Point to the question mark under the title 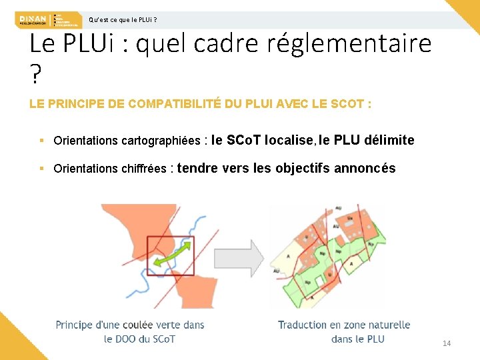pyautogui.click(x=35, y=76)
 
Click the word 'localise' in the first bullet pyautogui.click(x=289, y=140)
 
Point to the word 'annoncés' pyautogui.click(x=365, y=168)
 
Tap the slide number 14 pyautogui.click(x=447, y=343)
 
